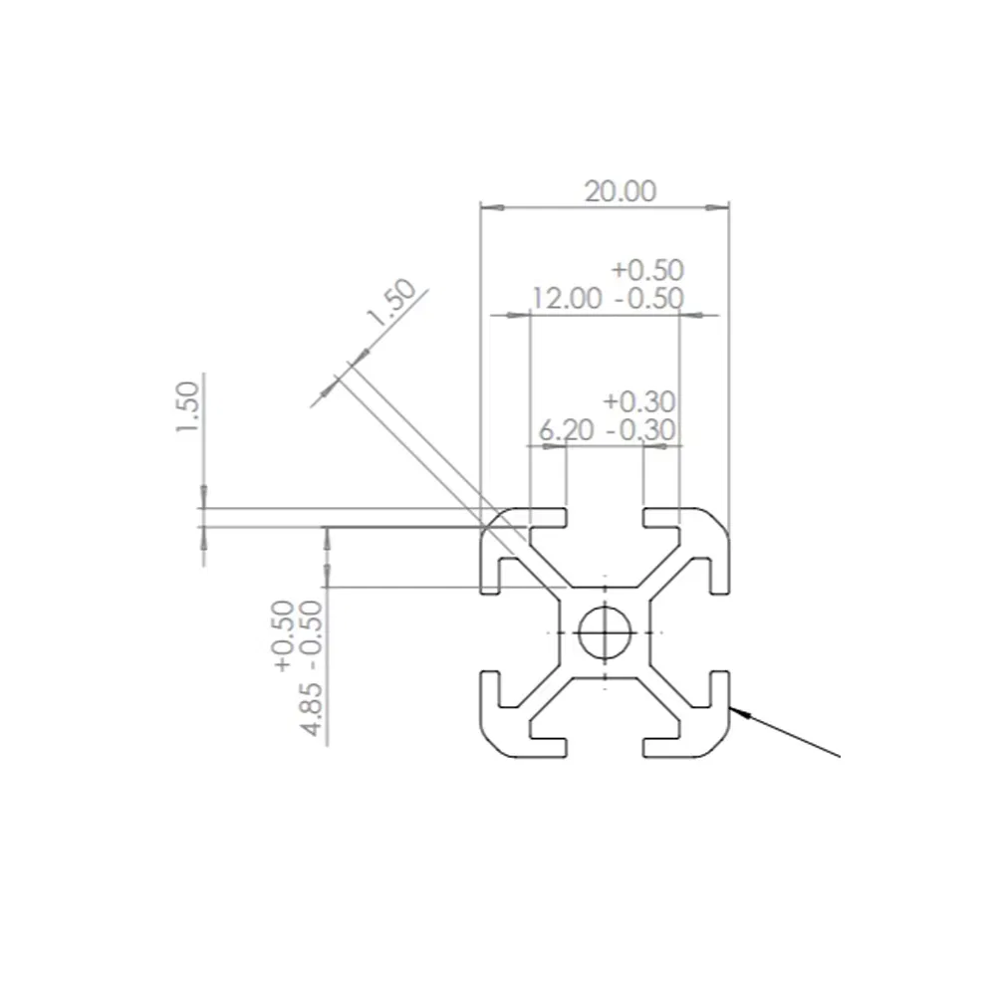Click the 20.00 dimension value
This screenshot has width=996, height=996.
(620, 191)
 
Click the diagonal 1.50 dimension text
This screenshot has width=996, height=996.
(390, 303)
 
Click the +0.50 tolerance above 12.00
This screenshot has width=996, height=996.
(648, 269)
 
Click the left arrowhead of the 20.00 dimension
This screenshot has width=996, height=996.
(487, 208)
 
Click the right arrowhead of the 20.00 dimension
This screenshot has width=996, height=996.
(723, 208)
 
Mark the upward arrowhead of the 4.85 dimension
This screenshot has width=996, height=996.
(327, 534)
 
